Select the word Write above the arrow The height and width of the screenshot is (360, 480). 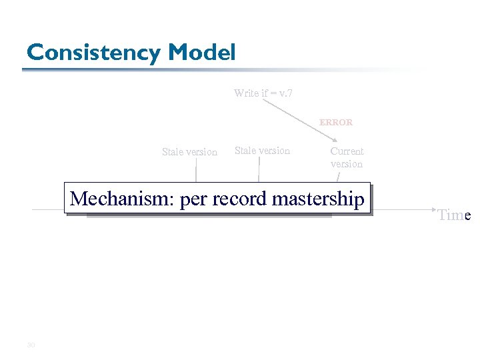tap(247, 93)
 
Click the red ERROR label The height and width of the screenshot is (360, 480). tap(336, 123)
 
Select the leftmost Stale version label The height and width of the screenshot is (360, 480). tap(189, 152)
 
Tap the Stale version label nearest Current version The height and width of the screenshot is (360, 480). tap(262, 151)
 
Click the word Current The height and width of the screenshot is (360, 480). tap(347, 151)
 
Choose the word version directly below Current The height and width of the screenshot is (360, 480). tap(347, 164)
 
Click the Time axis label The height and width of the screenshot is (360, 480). tap(454, 215)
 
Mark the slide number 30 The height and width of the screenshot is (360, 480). tap(30, 345)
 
